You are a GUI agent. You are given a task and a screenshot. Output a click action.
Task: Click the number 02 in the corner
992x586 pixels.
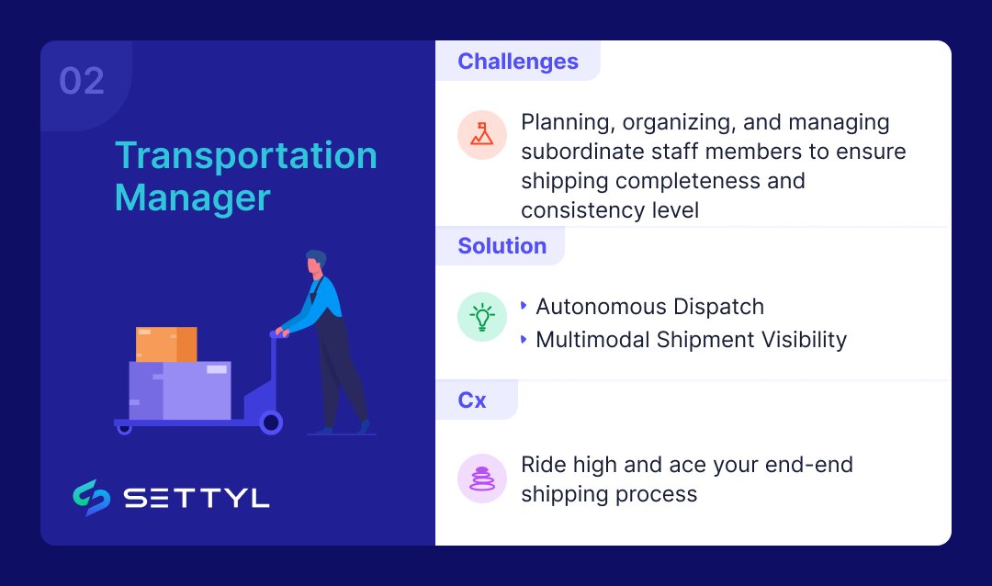coord(82,82)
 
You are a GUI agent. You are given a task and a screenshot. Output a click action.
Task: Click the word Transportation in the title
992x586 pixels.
coord(245,155)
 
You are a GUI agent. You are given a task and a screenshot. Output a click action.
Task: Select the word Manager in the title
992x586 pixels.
coord(192,197)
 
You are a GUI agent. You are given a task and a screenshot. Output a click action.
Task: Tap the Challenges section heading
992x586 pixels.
coord(517,62)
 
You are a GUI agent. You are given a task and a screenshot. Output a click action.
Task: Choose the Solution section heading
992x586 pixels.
coord(502,246)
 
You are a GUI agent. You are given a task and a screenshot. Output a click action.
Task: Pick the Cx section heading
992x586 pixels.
coord(472,400)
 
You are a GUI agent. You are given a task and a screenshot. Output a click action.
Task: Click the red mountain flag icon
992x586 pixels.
coord(482,135)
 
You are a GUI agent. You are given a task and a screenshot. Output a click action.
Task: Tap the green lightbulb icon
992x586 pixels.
coord(482,318)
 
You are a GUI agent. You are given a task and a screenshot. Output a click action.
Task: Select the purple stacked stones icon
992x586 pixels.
coord(482,479)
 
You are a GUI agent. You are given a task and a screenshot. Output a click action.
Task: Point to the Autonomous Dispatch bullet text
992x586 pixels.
coord(649,306)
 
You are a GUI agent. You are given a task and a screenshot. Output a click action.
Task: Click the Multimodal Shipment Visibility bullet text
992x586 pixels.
coord(691,339)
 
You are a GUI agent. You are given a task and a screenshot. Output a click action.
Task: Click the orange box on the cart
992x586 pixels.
coord(166,344)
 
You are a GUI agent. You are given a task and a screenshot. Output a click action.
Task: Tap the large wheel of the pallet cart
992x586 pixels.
coord(271,423)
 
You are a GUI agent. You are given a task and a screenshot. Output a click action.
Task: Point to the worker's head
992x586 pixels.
coord(316,263)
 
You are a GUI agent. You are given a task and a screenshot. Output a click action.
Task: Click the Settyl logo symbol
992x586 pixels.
coord(92,497)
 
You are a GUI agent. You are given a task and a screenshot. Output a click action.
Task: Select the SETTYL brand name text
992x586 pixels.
coord(197,498)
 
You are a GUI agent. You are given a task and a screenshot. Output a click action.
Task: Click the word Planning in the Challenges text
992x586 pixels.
coord(563,122)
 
